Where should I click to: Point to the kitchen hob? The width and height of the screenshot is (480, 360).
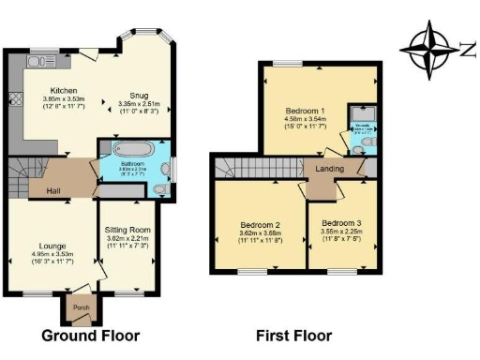pyautogui.click(x=16, y=97)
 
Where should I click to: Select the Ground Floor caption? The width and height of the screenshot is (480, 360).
pyautogui.click(x=90, y=335)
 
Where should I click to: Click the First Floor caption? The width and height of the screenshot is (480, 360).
pyautogui.click(x=292, y=335)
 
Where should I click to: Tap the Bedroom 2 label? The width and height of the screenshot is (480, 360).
pyautogui.click(x=261, y=225)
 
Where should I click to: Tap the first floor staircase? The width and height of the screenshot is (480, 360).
pyautogui.click(x=255, y=169)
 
